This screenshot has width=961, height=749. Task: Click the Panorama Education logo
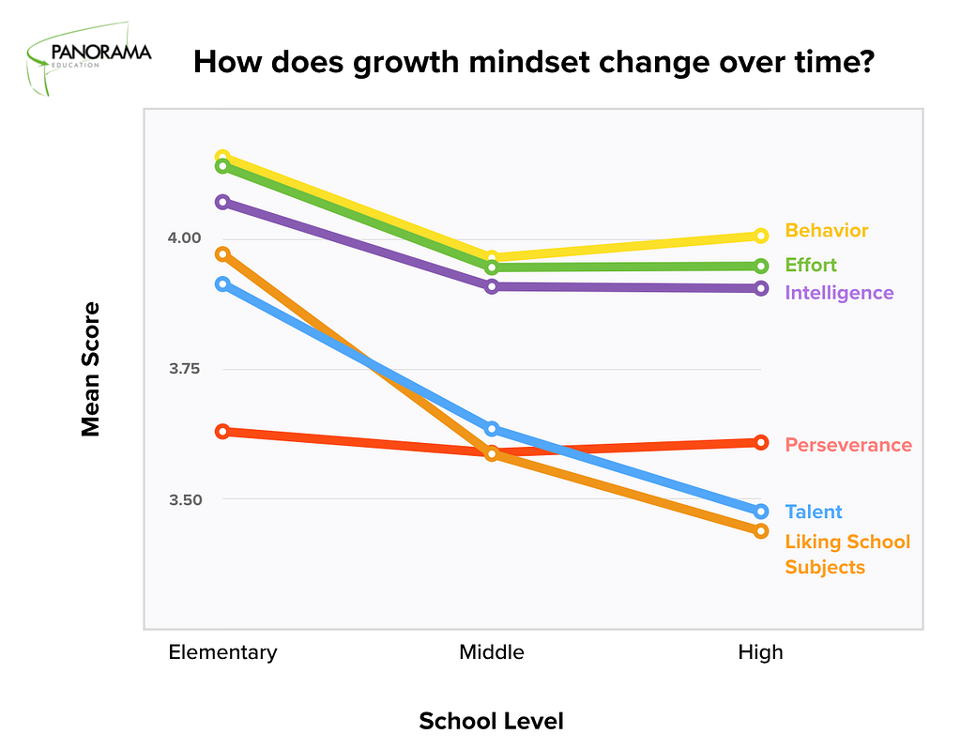[x=89, y=58]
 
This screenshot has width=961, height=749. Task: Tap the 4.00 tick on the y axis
[x=185, y=237]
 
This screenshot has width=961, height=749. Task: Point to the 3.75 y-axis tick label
[x=185, y=369]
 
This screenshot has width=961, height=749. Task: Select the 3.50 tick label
[x=185, y=500]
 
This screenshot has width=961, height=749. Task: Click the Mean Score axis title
[x=91, y=369]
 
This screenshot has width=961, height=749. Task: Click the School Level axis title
[x=491, y=721]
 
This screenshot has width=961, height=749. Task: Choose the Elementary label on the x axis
[x=222, y=652]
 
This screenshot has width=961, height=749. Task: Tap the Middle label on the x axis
[x=492, y=652]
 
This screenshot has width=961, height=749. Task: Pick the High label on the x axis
[x=760, y=652]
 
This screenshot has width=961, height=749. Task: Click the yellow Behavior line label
[x=826, y=231]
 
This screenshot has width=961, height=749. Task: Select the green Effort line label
[x=811, y=265]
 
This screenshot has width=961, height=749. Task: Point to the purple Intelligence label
[x=839, y=293]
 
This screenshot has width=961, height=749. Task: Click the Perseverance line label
[x=848, y=445]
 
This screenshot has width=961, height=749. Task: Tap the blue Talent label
[x=814, y=512]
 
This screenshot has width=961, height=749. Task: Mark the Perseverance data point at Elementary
[x=222, y=432]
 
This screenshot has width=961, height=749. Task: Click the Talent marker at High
[x=760, y=512]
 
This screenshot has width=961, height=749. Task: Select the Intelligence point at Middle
[x=492, y=286]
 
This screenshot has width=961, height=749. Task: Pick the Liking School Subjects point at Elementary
[x=222, y=253]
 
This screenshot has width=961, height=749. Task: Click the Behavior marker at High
[x=760, y=236]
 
